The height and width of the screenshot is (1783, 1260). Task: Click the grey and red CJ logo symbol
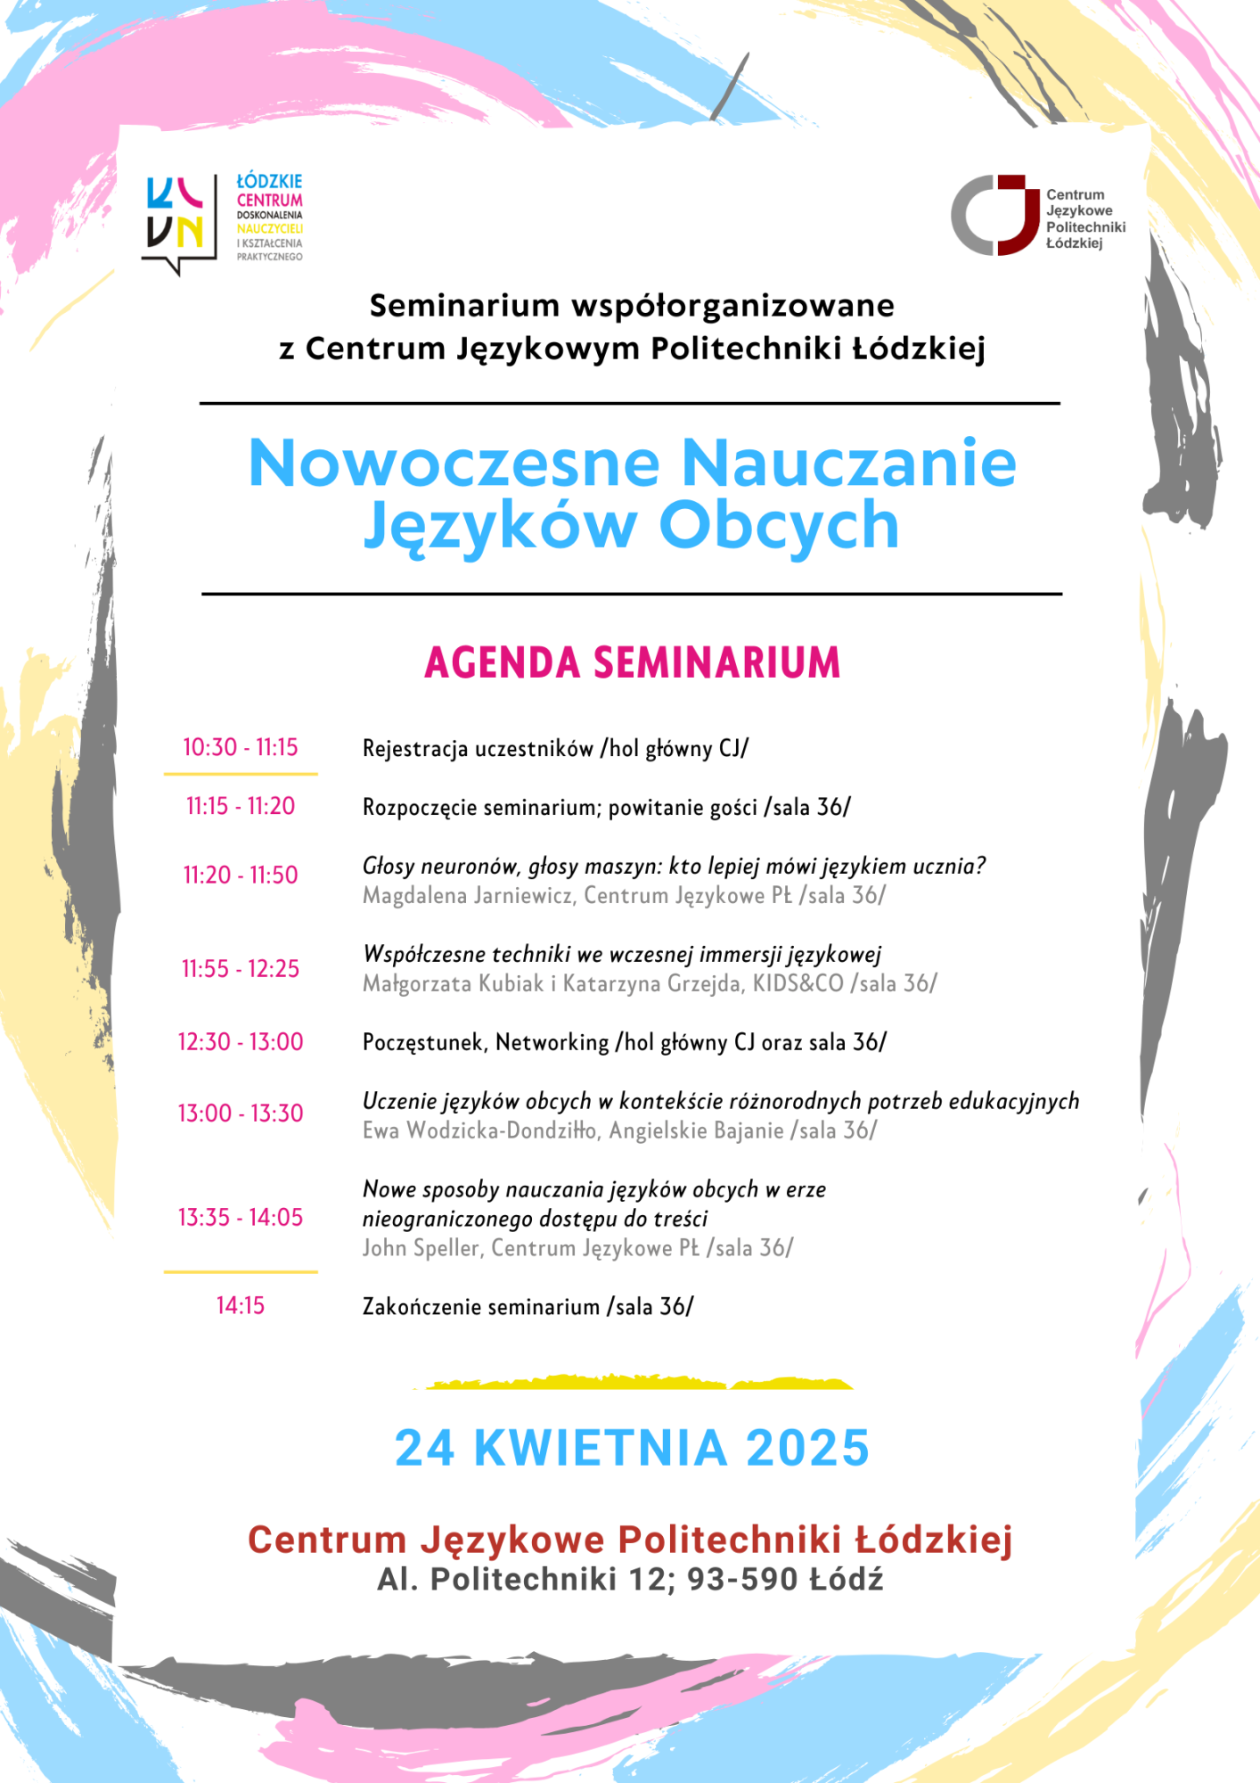(994, 215)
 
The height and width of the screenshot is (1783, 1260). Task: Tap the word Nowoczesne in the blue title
(454, 464)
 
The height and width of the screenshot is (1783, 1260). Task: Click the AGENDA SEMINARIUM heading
(632, 663)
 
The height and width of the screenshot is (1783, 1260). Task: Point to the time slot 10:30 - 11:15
(241, 747)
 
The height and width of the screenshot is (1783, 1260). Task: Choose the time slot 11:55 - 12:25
(241, 968)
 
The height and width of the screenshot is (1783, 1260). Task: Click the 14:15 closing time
(241, 1305)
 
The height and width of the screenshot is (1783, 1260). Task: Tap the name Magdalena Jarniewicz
(467, 895)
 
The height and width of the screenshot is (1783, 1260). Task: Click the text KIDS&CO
(798, 983)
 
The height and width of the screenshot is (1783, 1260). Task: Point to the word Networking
(552, 1042)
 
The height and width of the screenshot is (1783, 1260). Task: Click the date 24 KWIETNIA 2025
(632, 1448)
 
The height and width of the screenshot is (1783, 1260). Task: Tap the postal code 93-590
(742, 1579)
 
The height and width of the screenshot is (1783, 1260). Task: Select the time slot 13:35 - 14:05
(241, 1217)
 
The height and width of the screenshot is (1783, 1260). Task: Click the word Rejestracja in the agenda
(414, 748)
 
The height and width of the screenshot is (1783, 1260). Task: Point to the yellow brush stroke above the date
(633, 1383)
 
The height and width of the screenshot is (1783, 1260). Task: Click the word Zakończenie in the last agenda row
(422, 1307)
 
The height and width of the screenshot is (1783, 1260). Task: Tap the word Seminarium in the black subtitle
(464, 306)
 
